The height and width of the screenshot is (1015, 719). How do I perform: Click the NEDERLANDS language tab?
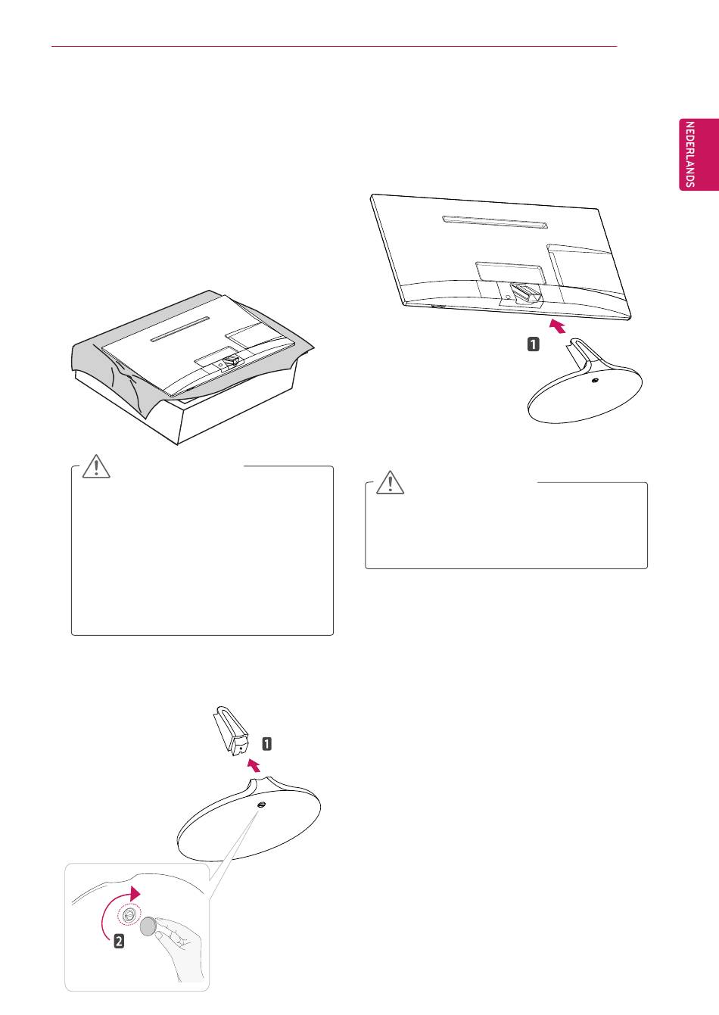pyautogui.click(x=699, y=154)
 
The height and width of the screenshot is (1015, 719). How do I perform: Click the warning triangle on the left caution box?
pyautogui.click(x=96, y=466)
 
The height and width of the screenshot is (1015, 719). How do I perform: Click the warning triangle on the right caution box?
pyautogui.click(x=390, y=482)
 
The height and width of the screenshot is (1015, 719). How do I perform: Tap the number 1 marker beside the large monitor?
pyautogui.click(x=534, y=344)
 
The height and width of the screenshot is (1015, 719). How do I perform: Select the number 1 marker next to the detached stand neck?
pyautogui.click(x=267, y=743)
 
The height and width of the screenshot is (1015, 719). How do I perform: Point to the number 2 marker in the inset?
pyautogui.click(x=119, y=942)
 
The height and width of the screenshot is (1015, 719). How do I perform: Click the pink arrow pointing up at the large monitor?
pyautogui.click(x=558, y=326)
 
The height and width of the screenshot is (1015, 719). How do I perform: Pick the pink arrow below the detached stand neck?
pyautogui.click(x=254, y=766)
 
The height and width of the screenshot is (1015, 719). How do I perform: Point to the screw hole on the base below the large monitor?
pyautogui.click(x=596, y=380)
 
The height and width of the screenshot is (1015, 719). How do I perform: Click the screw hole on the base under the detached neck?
pyautogui.click(x=262, y=805)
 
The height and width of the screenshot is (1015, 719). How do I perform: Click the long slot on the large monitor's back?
pyautogui.click(x=495, y=222)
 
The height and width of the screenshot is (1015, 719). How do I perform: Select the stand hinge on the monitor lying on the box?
pyautogui.click(x=230, y=361)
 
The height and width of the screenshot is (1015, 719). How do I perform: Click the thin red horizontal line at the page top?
pyautogui.click(x=335, y=46)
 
